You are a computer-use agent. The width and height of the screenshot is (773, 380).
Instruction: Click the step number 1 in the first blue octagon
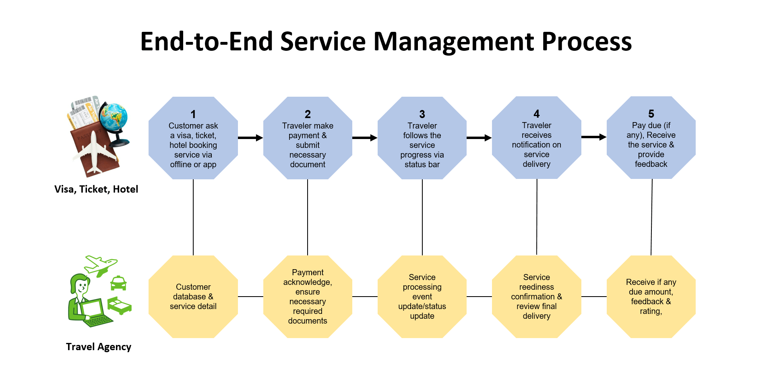coord(193,114)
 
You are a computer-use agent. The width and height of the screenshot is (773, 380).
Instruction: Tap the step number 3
coord(422,114)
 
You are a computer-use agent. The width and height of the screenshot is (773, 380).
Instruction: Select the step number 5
coord(651,114)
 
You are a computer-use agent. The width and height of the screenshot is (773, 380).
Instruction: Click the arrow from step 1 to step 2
coord(250,138)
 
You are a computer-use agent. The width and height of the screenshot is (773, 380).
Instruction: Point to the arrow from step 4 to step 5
coord(594,137)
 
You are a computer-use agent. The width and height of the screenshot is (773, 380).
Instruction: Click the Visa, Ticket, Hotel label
coord(96,189)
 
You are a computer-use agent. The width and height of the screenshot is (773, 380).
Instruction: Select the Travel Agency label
coord(99,347)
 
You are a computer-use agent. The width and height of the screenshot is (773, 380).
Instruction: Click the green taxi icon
coord(118,283)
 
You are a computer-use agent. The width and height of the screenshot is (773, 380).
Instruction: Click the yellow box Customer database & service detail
coord(193,297)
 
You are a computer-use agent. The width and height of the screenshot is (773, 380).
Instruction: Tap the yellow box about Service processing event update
coord(422,297)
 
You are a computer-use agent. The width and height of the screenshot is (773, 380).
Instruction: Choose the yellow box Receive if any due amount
coord(651,297)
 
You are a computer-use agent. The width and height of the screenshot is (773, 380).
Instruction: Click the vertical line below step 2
coord(308,217)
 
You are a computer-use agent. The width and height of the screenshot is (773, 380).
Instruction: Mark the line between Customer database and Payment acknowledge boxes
coord(250,297)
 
